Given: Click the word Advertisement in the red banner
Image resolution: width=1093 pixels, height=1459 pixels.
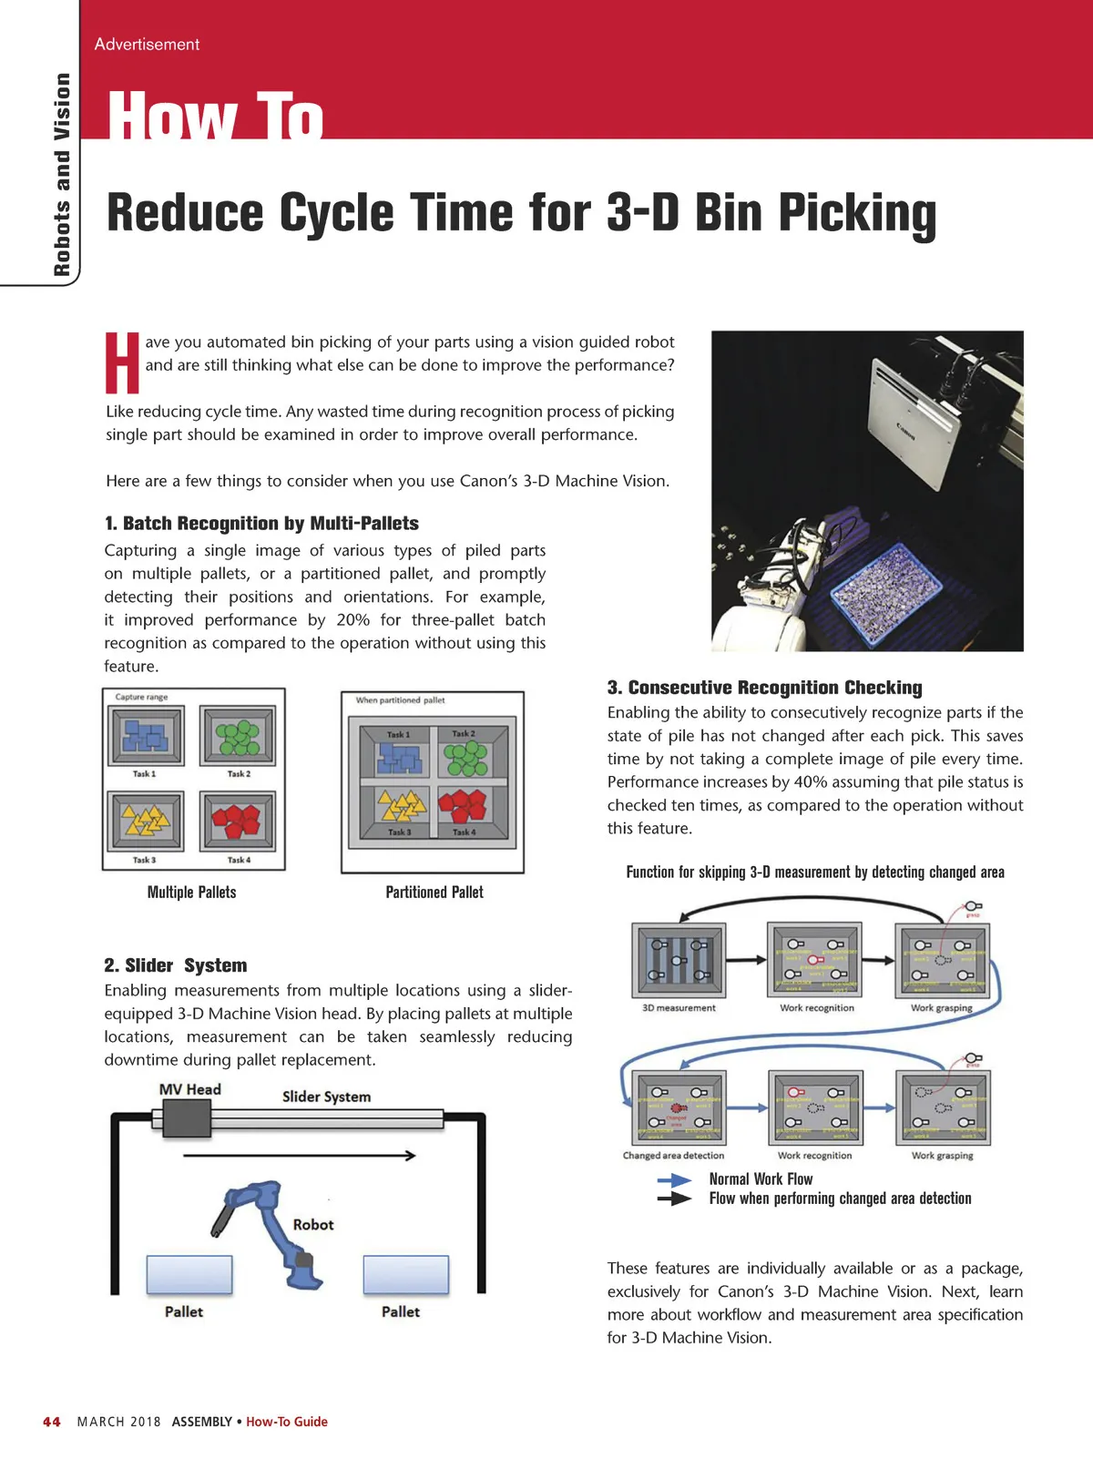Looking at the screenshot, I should pyautogui.click(x=147, y=45).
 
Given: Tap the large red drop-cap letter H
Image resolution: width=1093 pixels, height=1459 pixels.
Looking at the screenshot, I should pyautogui.click(x=122, y=362).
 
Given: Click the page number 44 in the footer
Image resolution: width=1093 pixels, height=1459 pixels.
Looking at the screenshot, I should pyautogui.click(x=52, y=1422).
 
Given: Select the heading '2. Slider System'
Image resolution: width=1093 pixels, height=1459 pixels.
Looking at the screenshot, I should pyautogui.click(x=176, y=965).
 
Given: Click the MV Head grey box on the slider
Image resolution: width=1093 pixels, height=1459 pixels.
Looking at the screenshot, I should pyautogui.click(x=186, y=1117).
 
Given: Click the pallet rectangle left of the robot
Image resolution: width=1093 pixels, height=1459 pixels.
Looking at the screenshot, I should pyautogui.click(x=189, y=1275).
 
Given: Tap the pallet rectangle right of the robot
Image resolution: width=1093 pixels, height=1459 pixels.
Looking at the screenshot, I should pyautogui.click(x=406, y=1275).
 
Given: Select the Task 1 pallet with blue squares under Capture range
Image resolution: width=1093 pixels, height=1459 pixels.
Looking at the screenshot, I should pyautogui.click(x=146, y=736).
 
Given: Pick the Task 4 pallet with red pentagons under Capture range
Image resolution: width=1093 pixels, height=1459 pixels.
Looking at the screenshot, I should pyautogui.click(x=238, y=821).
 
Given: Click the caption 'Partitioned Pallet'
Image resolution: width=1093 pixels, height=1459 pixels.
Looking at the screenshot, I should pyautogui.click(x=434, y=893).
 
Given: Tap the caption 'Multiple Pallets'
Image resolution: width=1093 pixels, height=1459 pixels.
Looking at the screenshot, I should pyautogui.click(x=191, y=893).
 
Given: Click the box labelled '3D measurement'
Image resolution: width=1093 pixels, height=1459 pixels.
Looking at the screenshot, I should pyautogui.click(x=679, y=960).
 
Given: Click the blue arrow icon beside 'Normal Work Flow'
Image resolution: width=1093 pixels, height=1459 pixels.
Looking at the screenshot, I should pyautogui.click(x=675, y=1179).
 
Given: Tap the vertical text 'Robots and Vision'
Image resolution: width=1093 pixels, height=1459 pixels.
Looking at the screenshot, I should pyautogui.click(x=62, y=173).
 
